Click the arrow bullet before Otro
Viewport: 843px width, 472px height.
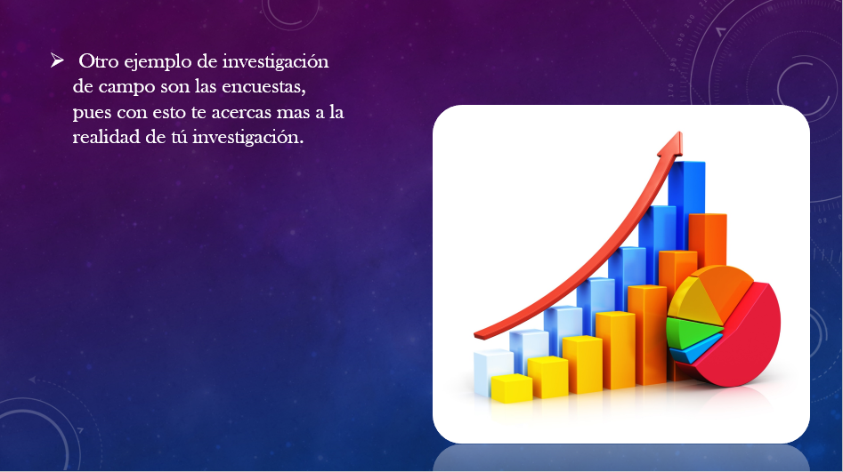[57, 60]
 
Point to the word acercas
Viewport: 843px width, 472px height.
[241, 113]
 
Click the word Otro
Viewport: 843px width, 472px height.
[99, 61]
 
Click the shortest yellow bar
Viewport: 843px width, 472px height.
[511, 388]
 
